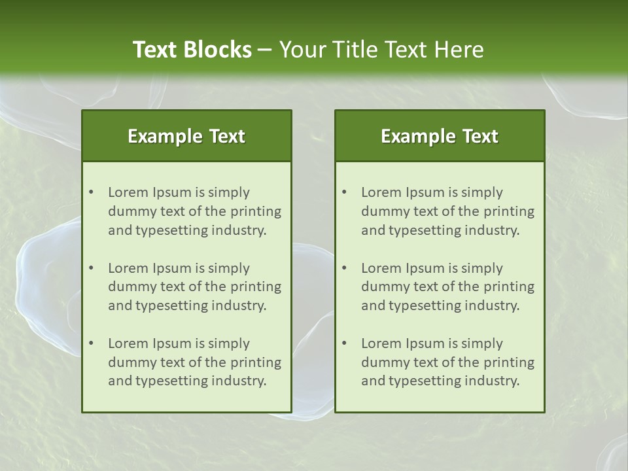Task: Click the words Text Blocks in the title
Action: pyautogui.click(x=192, y=50)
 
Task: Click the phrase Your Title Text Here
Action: pyautogui.click(x=381, y=50)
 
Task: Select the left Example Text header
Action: pyautogui.click(x=186, y=136)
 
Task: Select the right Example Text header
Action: pyautogui.click(x=440, y=136)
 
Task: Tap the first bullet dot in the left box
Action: pyautogui.click(x=91, y=192)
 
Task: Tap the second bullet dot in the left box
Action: pyautogui.click(x=91, y=268)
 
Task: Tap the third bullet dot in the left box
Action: pyautogui.click(x=91, y=343)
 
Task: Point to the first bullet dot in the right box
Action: pyautogui.click(x=344, y=192)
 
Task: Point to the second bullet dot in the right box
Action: pyautogui.click(x=344, y=268)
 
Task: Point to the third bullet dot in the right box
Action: pyautogui.click(x=344, y=343)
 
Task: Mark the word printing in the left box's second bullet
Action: pyautogui.click(x=256, y=287)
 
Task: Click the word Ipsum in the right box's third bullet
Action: pyautogui.click(x=426, y=343)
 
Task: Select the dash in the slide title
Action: pyautogui.click(x=265, y=50)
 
